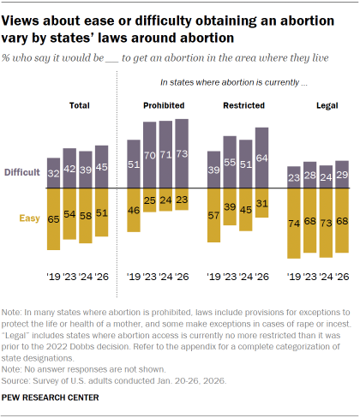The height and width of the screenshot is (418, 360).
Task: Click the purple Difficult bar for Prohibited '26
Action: point(181,154)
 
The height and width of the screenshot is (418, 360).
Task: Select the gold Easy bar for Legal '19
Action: point(294,223)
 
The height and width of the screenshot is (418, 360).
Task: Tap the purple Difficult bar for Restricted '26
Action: point(261,158)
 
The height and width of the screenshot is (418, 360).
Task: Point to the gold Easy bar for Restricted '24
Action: point(245,210)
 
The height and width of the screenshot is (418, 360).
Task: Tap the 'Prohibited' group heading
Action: point(157,104)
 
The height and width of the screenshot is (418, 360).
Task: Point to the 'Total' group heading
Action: point(78,104)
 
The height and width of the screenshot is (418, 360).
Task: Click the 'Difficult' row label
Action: point(21,172)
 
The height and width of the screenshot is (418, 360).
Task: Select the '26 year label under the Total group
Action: point(102,277)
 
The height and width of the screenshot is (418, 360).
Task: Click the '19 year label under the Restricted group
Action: point(213,277)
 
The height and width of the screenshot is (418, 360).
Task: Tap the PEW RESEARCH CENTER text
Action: point(51,397)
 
